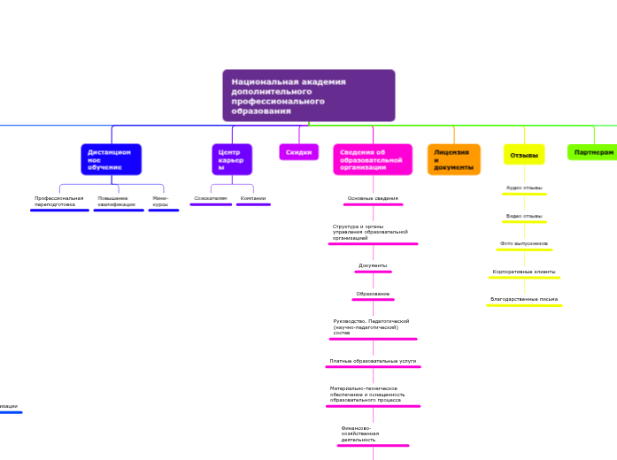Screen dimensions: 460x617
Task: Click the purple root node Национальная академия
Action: (x=308, y=96)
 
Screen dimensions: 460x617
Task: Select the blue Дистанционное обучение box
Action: (x=112, y=159)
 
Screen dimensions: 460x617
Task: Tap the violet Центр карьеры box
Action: (x=232, y=159)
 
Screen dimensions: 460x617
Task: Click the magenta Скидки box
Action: (x=299, y=152)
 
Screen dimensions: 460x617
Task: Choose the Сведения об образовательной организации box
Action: (x=373, y=159)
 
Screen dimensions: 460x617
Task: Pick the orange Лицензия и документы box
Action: (x=454, y=159)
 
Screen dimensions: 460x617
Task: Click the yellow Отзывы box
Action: (x=525, y=155)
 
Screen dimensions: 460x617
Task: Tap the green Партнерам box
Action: (x=592, y=152)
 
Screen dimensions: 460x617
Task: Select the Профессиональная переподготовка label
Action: (x=59, y=201)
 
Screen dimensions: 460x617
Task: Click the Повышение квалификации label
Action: (x=117, y=201)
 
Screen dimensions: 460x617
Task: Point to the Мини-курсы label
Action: (x=161, y=201)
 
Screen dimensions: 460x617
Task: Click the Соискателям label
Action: (x=211, y=198)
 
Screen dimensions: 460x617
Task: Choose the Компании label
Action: (x=253, y=198)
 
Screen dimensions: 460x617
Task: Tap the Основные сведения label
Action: (x=373, y=198)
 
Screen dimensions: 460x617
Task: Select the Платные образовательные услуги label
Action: (x=373, y=361)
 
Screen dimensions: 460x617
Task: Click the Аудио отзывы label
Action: (x=524, y=188)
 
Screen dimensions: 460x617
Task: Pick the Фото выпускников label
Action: (x=524, y=243)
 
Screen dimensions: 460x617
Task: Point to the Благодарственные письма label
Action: (x=524, y=299)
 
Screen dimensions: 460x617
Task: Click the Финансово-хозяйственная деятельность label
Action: (x=360, y=433)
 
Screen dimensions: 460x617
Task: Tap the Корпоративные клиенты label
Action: (x=524, y=272)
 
